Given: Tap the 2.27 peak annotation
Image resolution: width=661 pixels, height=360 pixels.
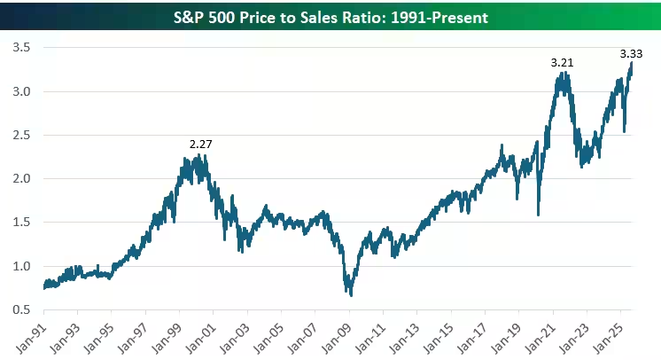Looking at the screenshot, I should pos(201,144).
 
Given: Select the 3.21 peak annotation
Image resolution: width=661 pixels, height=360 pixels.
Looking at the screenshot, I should pos(561,63).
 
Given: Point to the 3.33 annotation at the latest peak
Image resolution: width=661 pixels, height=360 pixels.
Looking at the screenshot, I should pos(630,53).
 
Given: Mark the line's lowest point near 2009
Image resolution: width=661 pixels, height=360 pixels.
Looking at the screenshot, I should pos(351,294).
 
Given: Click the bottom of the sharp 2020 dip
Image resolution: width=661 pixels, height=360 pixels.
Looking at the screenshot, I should pos(538,214).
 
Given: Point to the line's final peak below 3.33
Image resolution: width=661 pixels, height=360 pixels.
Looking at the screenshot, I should pos(632,63).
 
